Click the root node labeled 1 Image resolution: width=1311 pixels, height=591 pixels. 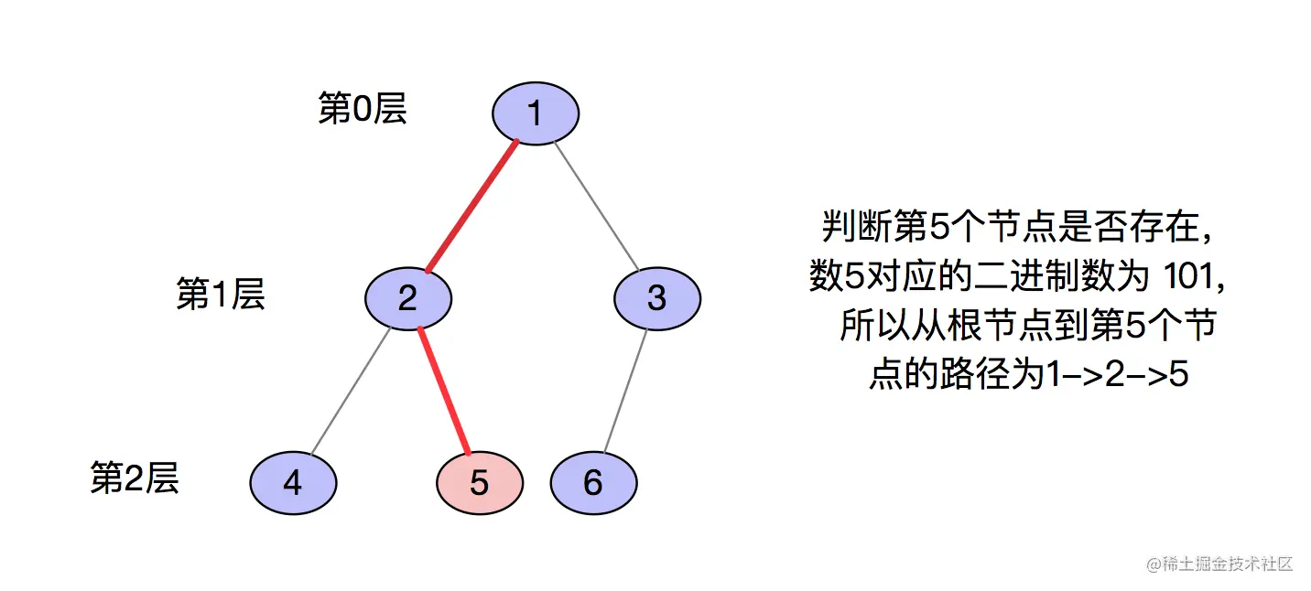tap(536, 113)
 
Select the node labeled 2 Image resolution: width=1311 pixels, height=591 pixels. tap(408, 298)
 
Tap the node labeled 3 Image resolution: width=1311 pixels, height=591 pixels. tap(656, 298)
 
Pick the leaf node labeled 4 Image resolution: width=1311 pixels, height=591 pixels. tap(293, 483)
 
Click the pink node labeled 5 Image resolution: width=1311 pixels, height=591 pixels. tap(480, 483)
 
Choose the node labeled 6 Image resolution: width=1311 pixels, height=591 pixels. tap(593, 483)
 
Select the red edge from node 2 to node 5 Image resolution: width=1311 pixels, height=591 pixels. tap(444, 392)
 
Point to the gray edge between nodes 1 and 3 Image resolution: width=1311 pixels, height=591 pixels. tap(596, 205)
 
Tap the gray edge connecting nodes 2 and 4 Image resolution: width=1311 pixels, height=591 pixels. tap(351, 392)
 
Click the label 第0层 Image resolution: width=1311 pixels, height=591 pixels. tap(362, 109)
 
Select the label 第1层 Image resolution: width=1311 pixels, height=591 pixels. tap(220, 295)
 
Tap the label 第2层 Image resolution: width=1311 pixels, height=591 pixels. tap(134, 478)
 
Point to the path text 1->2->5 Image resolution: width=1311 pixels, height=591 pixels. tap(1117, 375)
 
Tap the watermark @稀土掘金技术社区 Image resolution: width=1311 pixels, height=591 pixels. tap(1219, 564)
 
